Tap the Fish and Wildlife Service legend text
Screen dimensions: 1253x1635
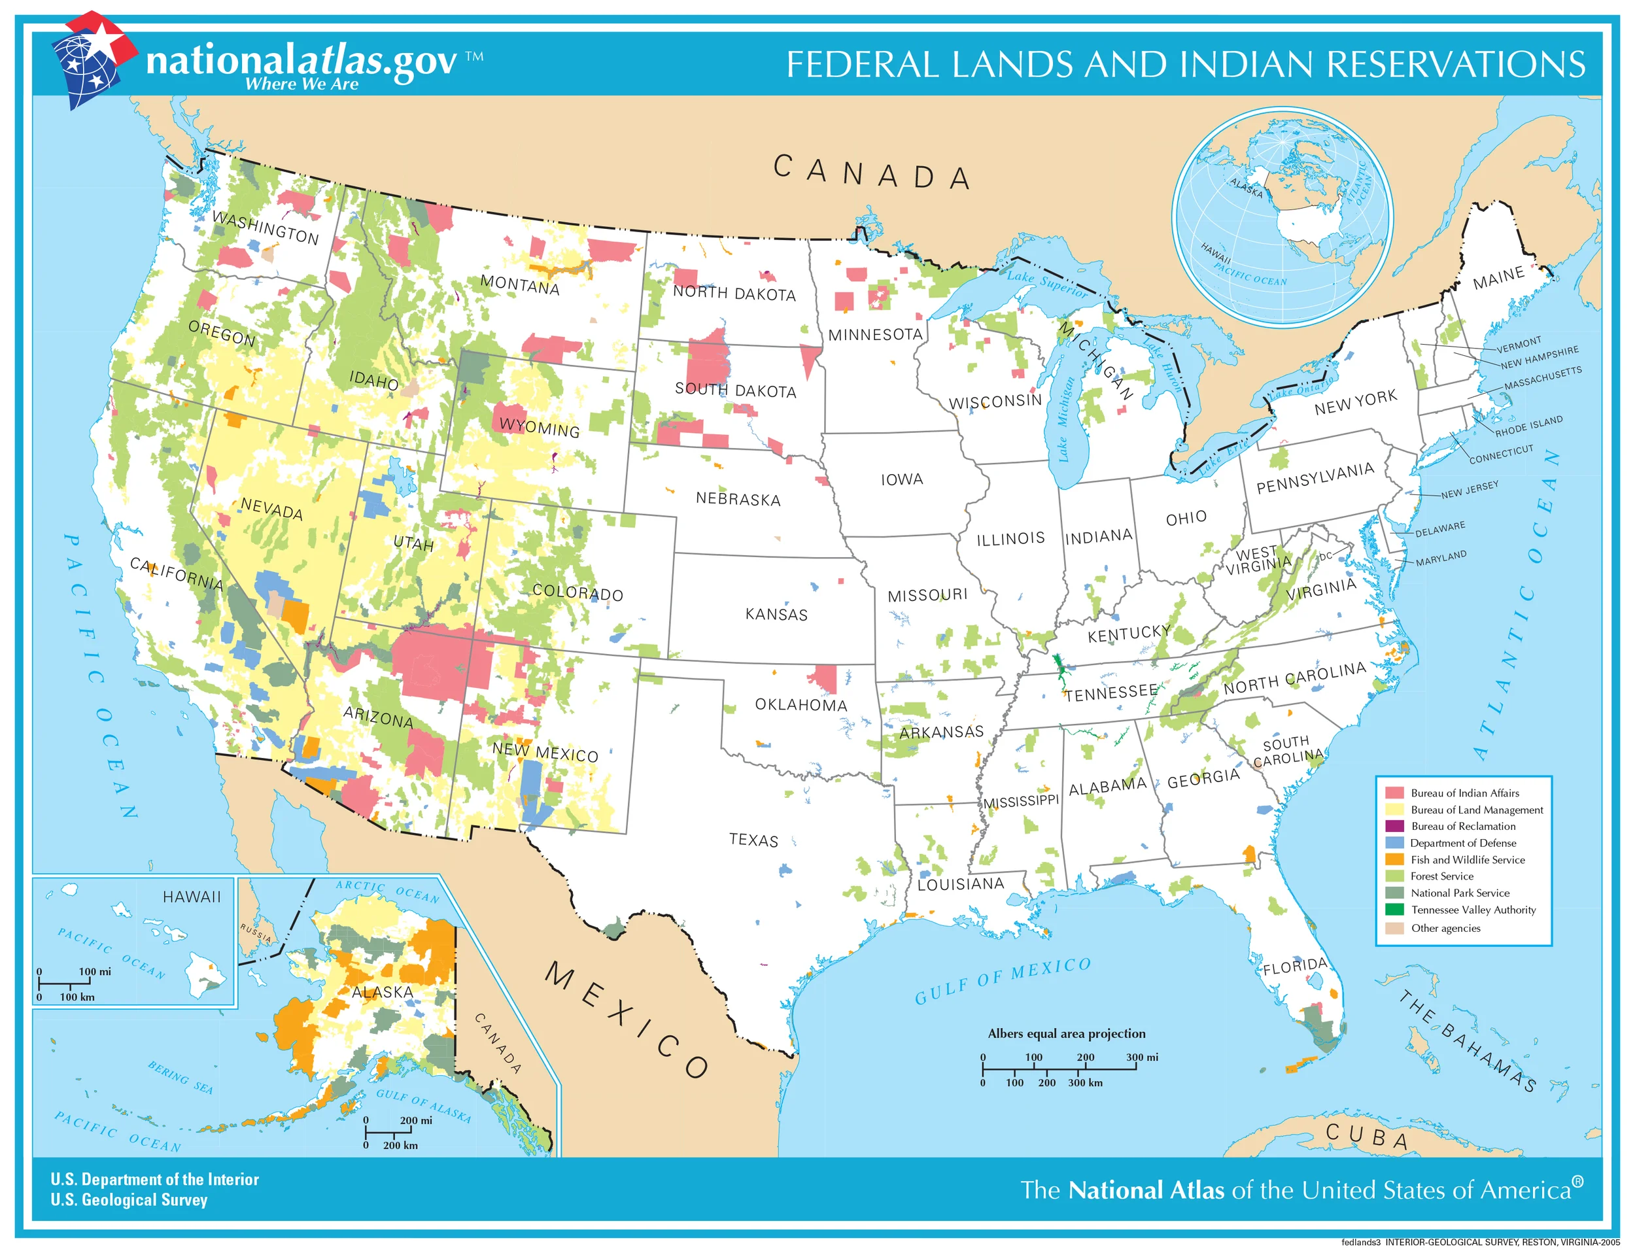pyautogui.click(x=1467, y=859)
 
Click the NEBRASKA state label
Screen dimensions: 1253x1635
pyautogui.click(x=738, y=498)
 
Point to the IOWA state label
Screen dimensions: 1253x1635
pyautogui.click(x=901, y=479)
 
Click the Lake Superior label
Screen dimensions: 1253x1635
pyautogui.click(x=1046, y=283)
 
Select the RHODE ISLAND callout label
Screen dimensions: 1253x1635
pyautogui.click(x=1528, y=426)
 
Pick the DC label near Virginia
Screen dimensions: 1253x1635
pyautogui.click(x=1325, y=556)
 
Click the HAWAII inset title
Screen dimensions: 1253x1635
pyautogui.click(x=192, y=897)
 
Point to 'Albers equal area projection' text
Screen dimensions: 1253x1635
pyautogui.click(x=1066, y=1033)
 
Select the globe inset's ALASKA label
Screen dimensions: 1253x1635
pyautogui.click(x=1247, y=187)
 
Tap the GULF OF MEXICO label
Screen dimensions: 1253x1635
pyautogui.click(x=1003, y=980)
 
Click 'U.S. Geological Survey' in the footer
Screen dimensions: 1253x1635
pyautogui.click(x=129, y=1199)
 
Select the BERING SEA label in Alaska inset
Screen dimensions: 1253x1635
pyautogui.click(x=180, y=1077)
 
